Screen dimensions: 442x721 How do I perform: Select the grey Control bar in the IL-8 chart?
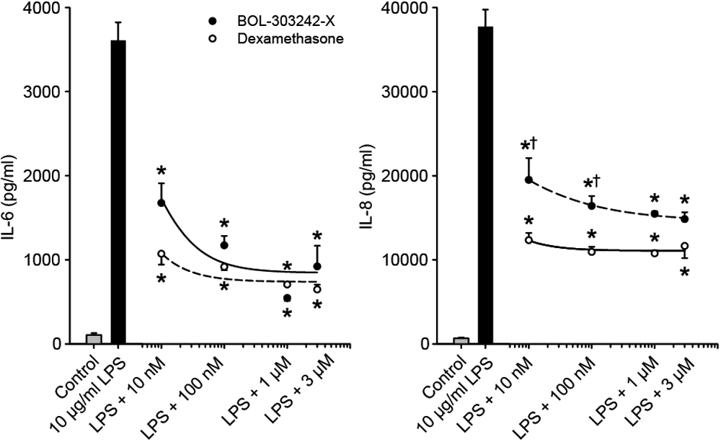click(x=462, y=340)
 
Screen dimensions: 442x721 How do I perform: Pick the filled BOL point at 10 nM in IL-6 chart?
click(x=161, y=203)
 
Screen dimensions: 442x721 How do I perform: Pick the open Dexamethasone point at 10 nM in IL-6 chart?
click(x=161, y=254)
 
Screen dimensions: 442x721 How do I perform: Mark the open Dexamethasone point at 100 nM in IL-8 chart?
click(x=592, y=251)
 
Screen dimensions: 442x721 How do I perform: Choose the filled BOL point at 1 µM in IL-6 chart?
click(x=287, y=298)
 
